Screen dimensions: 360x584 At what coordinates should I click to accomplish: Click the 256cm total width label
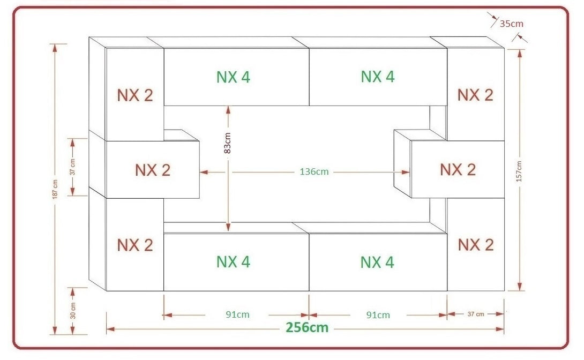[307, 327]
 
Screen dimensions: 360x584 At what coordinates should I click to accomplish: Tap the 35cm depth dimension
[511, 23]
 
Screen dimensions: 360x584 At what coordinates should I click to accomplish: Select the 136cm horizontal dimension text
[314, 172]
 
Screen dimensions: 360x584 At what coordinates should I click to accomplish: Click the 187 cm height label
[55, 189]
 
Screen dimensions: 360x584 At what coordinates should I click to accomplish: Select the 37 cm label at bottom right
[476, 314]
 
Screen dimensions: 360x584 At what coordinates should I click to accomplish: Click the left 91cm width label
[236, 314]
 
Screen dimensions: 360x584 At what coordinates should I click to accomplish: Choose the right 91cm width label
[378, 314]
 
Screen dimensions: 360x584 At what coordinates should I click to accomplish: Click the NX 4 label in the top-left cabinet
[233, 77]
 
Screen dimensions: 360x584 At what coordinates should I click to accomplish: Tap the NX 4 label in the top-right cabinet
[378, 77]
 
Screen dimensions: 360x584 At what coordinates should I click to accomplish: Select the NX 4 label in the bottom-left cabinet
[233, 262]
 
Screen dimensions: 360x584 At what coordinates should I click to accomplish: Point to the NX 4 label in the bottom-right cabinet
[378, 262]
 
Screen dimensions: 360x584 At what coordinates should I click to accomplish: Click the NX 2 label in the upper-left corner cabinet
[135, 95]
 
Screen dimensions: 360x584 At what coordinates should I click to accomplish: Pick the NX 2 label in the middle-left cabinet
[153, 170]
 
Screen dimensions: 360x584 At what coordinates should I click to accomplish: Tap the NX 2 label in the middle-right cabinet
[458, 169]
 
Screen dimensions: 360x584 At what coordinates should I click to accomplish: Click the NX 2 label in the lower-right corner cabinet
[475, 245]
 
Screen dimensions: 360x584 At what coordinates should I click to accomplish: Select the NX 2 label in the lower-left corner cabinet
[135, 245]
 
